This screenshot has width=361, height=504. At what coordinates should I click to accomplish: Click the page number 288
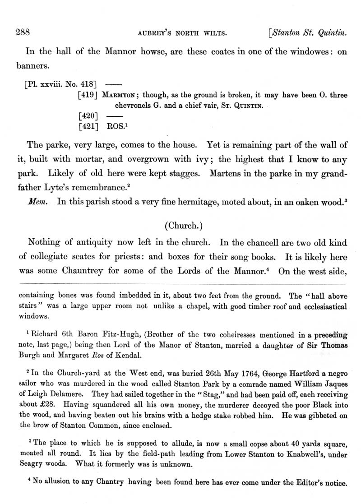(22, 32)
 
